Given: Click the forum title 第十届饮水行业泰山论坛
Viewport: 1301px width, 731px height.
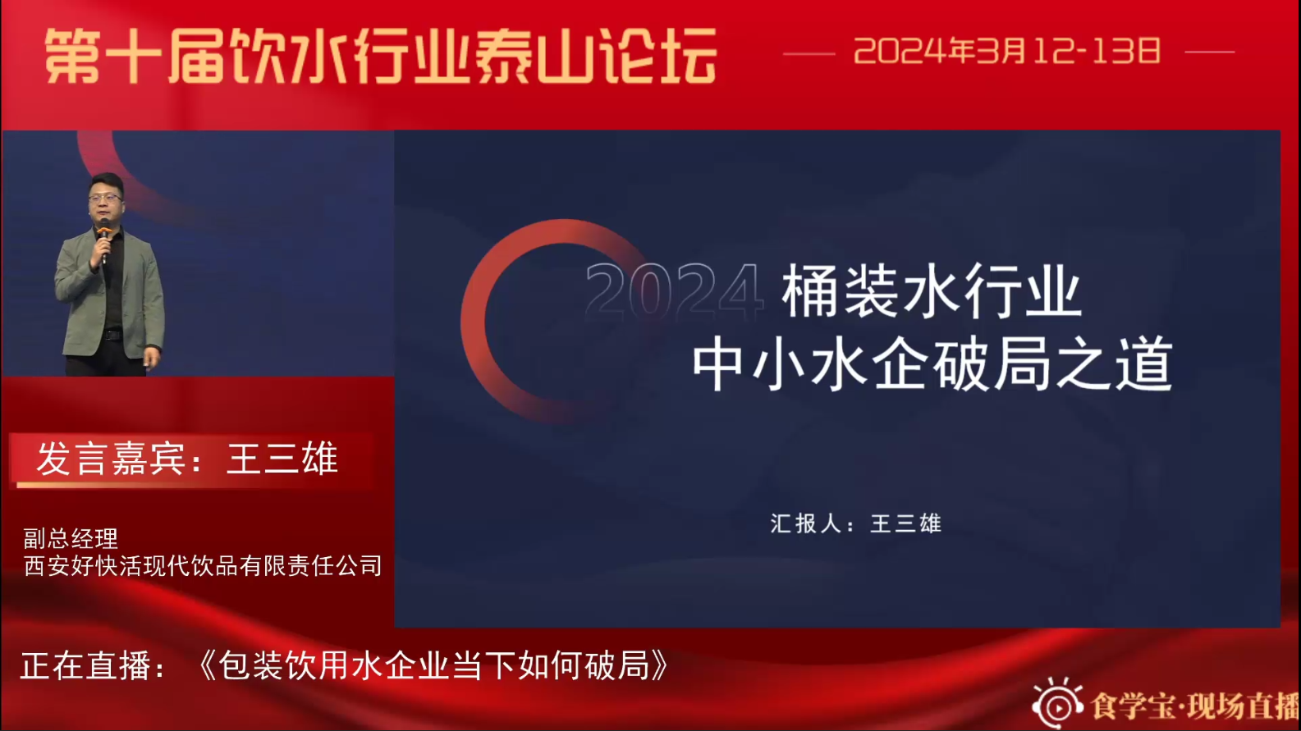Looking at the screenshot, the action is click(x=381, y=57).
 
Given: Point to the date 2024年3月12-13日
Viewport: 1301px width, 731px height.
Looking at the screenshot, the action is click(x=1007, y=51).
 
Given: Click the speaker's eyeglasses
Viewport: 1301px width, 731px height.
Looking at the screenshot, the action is click(x=106, y=198).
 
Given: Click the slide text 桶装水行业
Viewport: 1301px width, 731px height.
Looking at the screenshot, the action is click(x=931, y=290).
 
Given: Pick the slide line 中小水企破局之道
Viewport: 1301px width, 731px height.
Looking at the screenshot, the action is click(x=932, y=364).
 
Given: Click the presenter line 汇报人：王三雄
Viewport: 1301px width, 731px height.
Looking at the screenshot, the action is click(x=855, y=523).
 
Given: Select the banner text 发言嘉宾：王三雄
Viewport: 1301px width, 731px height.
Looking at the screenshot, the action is click(x=187, y=459).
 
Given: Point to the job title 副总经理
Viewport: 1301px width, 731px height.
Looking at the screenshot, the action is click(x=71, y=539).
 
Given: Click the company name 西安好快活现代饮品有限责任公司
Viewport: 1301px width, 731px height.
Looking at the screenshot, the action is click(x=203, y=565).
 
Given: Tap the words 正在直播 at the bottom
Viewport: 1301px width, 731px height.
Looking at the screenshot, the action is click(x=85, y=665).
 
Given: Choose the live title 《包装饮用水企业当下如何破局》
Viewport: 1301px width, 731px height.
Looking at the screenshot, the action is click(x=433, y=665).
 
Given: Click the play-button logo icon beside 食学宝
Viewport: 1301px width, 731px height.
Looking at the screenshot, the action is click(x=1057, y=704).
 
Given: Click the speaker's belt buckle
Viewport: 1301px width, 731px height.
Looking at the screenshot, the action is click(x=111, y=335).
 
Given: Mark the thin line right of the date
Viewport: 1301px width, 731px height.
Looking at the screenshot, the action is click(x=1209, y=52).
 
